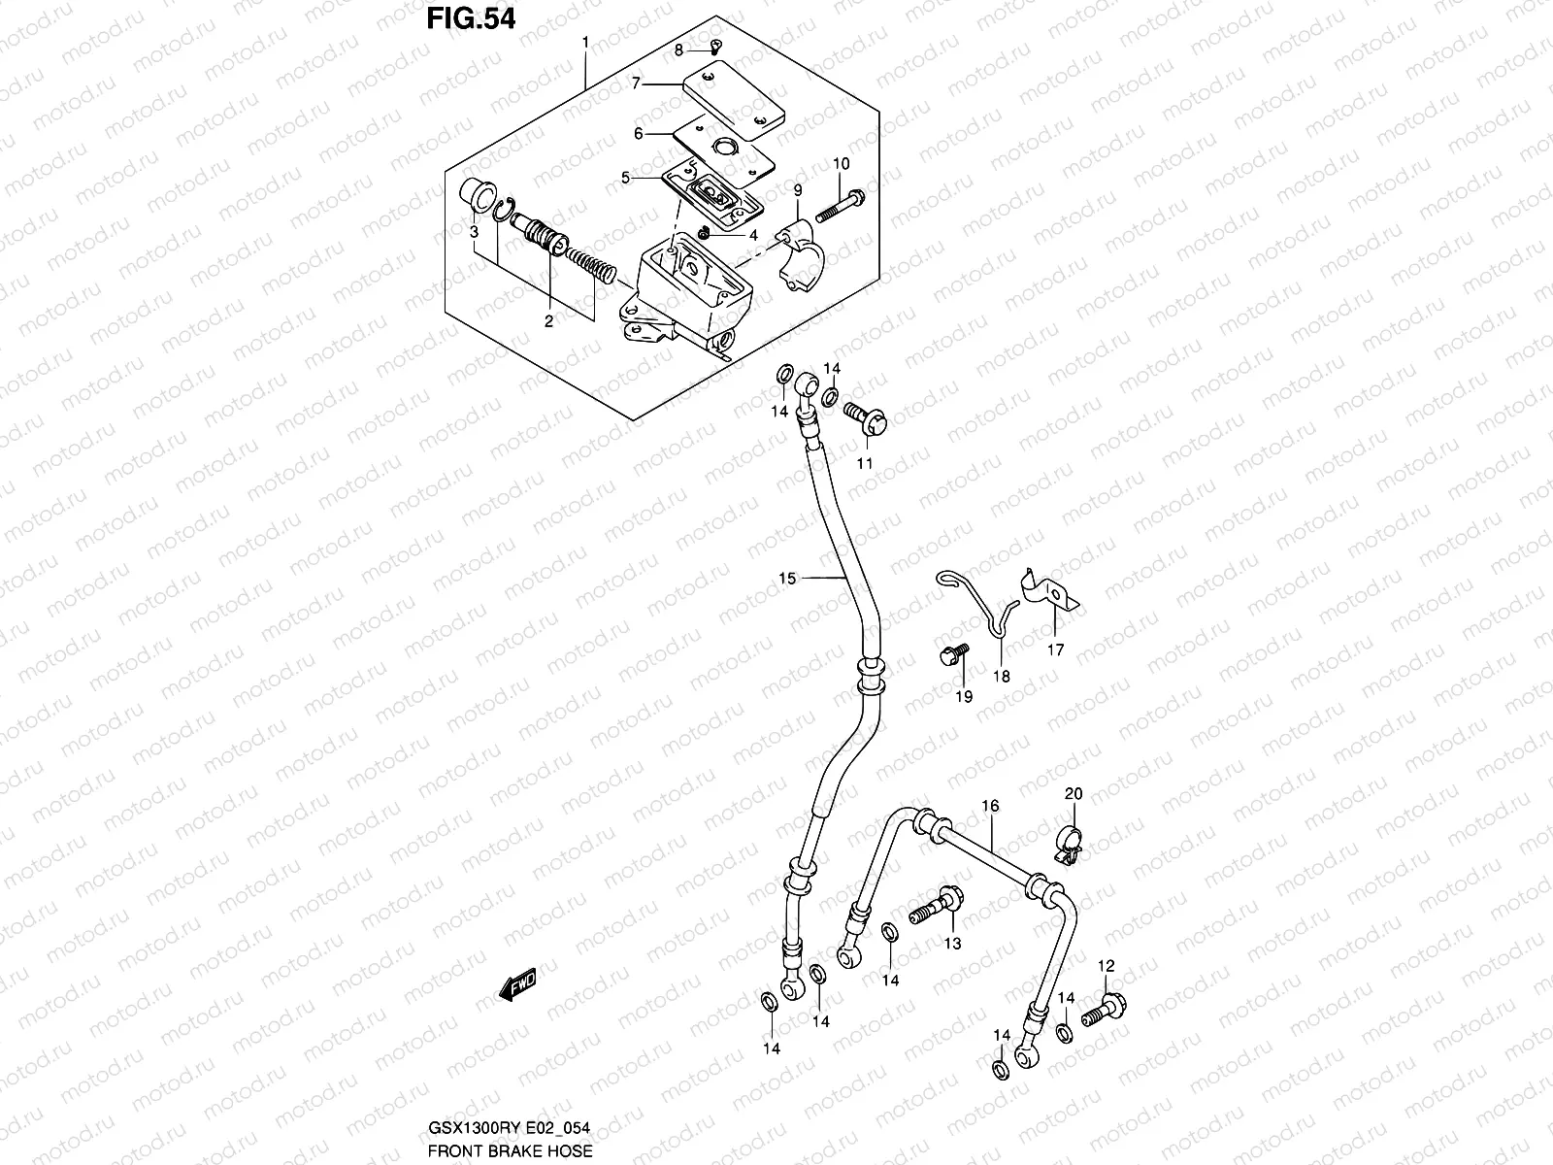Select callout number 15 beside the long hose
(786, 579)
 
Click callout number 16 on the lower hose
(990, 806)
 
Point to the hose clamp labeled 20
(1070, 843)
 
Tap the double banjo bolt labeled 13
(936, 910)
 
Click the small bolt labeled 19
(950, 657)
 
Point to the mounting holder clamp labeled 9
(803, 250)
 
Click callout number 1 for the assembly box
(585, 43)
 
